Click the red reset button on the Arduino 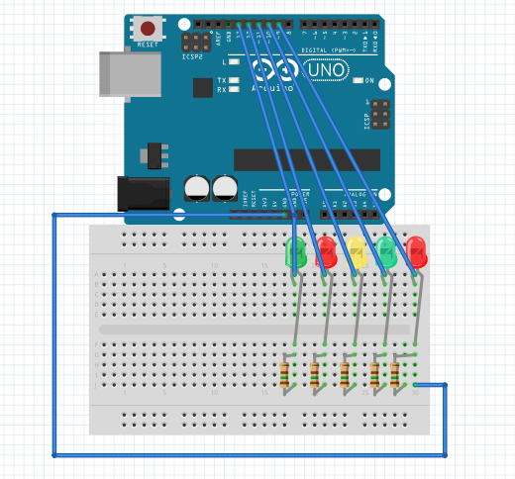pos(148,30)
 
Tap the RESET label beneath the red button pos(148,46)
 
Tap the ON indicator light pos(359,81)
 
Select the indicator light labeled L pos(235,61)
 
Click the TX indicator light pos(235,80)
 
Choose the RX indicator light pos(235,89)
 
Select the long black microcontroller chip pos(306,159)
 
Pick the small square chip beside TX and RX pos(203,87)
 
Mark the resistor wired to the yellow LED pos(345,373)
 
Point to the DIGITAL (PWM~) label pos(327,48)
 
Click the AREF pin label pos(217,37)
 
